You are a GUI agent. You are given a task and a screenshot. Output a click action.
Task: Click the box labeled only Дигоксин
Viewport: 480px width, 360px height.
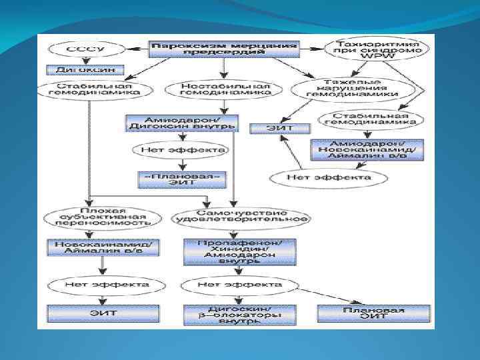(x=81, y=69)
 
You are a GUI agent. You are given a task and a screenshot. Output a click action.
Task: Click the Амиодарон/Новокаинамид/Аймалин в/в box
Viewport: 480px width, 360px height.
(x=366, y=150)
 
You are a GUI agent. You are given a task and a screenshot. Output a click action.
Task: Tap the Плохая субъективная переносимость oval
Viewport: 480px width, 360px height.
(x=103, y=217)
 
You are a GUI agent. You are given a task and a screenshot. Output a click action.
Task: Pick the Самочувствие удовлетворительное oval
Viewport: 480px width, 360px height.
(x=239, y=217)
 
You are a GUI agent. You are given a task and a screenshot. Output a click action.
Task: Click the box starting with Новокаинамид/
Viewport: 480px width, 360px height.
(x=103, y=247)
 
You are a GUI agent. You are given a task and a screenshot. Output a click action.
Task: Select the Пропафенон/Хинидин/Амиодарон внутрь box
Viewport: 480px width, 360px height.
(x=239, y=247)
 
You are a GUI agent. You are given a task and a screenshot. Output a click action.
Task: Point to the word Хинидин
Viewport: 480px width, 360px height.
(x=239, y=247)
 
